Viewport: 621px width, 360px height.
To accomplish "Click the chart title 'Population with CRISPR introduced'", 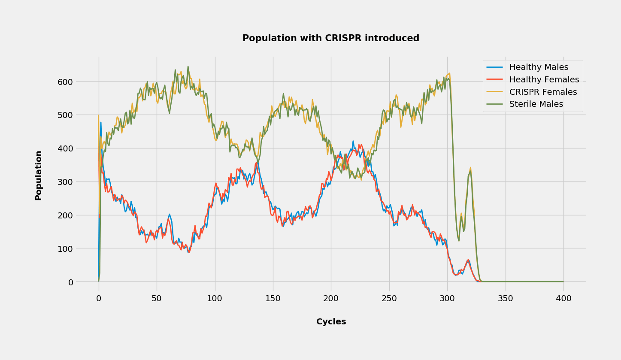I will click(x=330, y=38).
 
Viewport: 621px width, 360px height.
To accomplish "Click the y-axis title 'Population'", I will click(x=39, y=175).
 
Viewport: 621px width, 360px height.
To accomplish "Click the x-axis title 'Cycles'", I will click(x=331, y=321).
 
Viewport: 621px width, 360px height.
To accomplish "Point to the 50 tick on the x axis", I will click(x=157, y=299).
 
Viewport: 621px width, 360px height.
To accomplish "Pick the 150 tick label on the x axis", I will click(x=273, y=299).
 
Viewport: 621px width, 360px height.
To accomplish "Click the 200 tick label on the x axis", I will click(x=331, y=299).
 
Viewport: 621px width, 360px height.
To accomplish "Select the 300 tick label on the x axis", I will click(x=447, y=299).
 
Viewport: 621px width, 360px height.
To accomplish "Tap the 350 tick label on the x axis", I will click(x=505, y=299).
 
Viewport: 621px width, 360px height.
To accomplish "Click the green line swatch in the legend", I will click(x=494, y=104).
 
